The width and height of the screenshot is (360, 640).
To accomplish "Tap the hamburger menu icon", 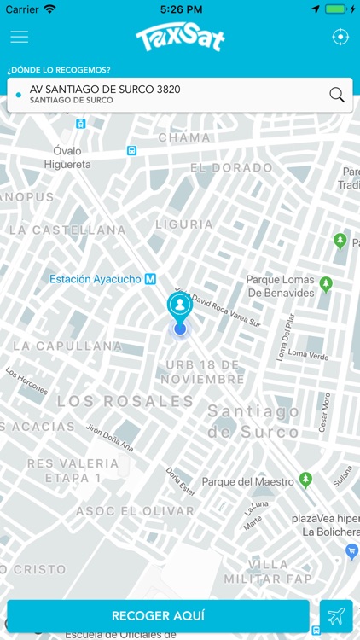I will [x=19, y=37].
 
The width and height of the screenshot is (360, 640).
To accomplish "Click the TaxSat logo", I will [x=179, y=38].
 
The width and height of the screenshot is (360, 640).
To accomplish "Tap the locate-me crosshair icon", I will [x=340, y=37].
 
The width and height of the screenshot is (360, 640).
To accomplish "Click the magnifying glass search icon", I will [x=337, y=95].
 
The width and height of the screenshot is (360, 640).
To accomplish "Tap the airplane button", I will [x=336, y=616].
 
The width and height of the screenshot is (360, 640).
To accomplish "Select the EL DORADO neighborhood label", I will [x=231, y=168].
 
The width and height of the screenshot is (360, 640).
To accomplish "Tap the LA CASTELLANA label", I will [x=67, y=230].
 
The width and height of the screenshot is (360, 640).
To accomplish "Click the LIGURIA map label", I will [x=184, y=224].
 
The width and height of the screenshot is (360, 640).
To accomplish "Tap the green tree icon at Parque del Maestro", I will [x=305, y=480].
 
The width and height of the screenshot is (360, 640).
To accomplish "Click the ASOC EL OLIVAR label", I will [x=135, y=511].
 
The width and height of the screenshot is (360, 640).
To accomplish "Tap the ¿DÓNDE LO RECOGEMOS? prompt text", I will [x=59, y=69].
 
